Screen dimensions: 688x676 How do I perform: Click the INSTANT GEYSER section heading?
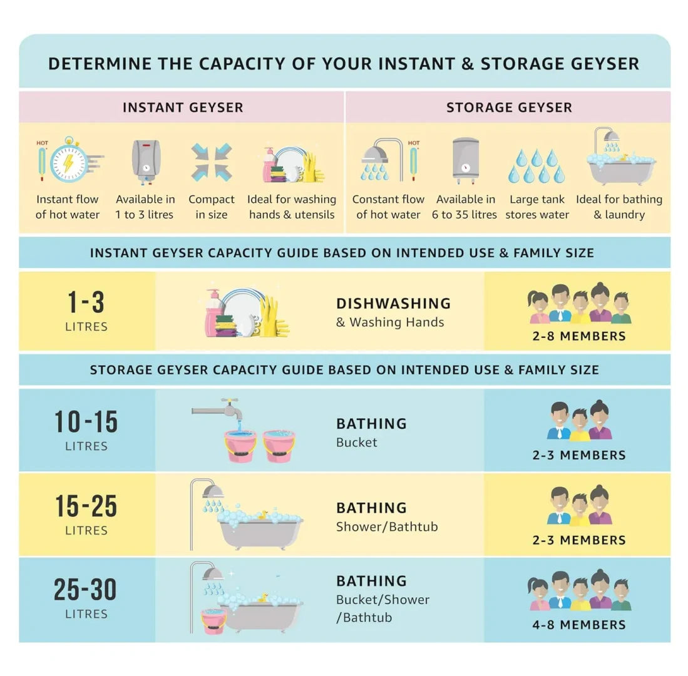(x=183, y=108)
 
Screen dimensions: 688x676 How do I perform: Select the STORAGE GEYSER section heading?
(x=509, y=108)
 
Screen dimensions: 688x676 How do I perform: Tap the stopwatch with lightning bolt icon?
(x=70, y=160)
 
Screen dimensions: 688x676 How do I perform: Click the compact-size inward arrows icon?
(x=212, y=162)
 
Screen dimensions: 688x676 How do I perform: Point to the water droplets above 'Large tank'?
(x=537, y=166)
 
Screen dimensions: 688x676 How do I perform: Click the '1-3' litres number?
(x=86, y=302)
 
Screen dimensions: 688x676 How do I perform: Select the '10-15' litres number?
(x=86, y=422)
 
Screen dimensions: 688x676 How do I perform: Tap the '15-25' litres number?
(x=86, y=506)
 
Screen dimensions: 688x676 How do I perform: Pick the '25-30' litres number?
(x=86, y=589)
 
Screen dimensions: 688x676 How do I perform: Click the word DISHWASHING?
(x=394, y=304)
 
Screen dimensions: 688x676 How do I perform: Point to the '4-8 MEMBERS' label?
(x=579, y=625)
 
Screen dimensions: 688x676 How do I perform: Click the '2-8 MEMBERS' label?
(x=579, y=336)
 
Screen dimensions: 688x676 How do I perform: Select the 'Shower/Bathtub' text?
(x=387, y=526)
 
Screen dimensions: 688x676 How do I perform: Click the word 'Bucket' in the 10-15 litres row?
(x=357, y=442)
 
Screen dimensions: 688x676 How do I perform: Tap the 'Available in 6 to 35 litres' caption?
(x=465, y=207)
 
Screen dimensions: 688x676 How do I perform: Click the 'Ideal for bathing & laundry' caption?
(x=619, y=207)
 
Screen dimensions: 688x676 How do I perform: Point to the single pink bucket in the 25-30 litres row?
(x=213, y=620)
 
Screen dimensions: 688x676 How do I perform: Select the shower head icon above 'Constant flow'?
(x=381, y=160)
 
